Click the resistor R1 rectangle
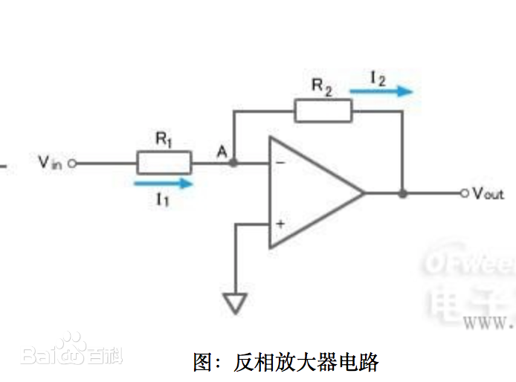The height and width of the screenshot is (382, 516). coord(164,162)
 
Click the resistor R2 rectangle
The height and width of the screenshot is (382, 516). coord(323,111)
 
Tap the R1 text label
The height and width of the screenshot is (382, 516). coord(164,139)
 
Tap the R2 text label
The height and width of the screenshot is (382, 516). coord(321,86)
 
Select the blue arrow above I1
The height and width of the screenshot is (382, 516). coord(164,182)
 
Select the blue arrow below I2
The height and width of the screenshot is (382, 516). coord(381,92)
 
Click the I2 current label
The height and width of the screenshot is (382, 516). coord(378,77)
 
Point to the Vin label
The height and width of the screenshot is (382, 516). coord(52,162)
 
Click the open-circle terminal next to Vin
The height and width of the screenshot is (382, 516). coord(72,163)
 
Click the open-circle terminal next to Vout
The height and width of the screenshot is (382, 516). coord(465,193)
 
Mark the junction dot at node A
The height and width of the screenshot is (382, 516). coord(234,162)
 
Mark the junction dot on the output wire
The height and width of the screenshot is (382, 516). coord(402,193)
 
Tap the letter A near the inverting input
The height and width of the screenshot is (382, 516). coord(221,152)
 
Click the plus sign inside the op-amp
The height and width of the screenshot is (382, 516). coord(280,223)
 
